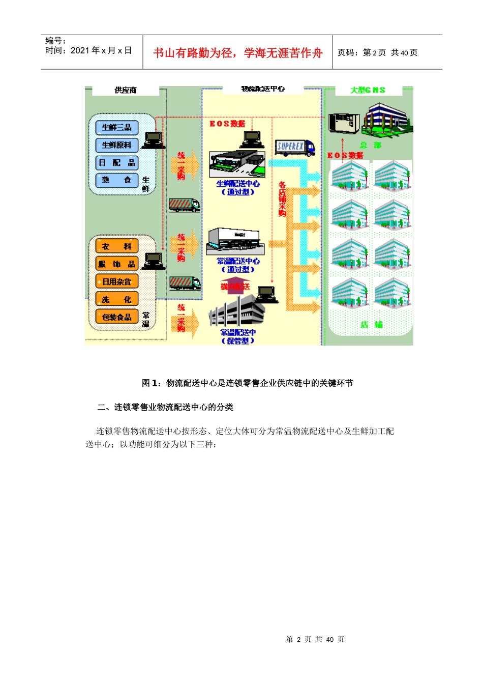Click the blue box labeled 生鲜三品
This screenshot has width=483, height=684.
[116, 127]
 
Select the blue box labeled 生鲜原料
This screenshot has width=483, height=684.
[116, 145]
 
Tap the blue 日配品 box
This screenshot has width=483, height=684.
[116, 163]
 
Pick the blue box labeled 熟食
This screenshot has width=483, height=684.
[116, 180]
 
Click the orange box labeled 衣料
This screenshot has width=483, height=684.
[116, 246]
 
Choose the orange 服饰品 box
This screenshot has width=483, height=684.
[116, 264]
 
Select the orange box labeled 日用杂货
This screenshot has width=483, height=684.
[116, 281]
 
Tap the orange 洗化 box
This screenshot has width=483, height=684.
[116, 299]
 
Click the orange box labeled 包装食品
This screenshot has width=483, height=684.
[116, 317]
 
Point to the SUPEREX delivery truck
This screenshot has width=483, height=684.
[295, 148]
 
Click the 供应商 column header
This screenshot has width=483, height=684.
[126, 90]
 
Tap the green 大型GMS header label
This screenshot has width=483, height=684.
[368, 90]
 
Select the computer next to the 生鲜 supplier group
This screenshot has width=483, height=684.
[153, 140]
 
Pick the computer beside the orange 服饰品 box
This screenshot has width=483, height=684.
[153, 261]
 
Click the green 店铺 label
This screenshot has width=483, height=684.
[372, 324]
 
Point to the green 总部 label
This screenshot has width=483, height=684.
[370, 145]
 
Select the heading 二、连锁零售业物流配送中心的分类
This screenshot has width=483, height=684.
[165, 407]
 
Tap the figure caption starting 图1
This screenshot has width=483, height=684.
[247, 383]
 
